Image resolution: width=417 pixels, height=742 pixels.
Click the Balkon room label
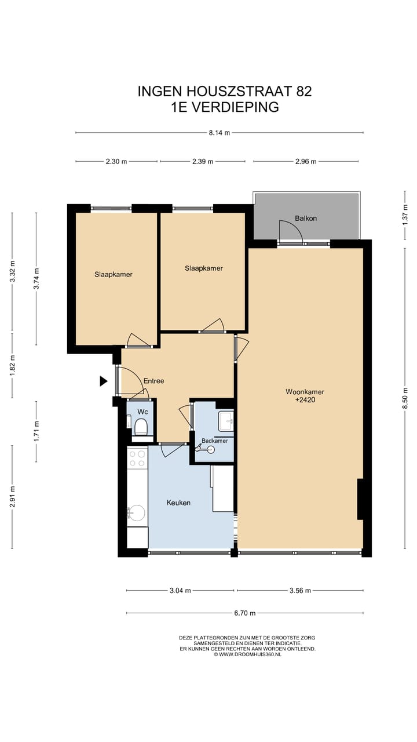pos(306,219)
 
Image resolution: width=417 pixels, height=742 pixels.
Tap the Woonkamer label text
pos(305,392)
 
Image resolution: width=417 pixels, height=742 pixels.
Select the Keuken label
pos(178,503)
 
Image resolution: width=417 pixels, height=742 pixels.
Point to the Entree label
pos(153,381)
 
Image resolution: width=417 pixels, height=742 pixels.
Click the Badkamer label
pos(215,441)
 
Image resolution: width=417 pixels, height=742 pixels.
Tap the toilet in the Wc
pos(141,427)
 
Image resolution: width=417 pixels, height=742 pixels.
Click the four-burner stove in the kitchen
pos(137,458)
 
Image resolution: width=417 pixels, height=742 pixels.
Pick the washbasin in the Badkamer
pos(226,421)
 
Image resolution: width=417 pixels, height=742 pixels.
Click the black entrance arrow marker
pos(104,381)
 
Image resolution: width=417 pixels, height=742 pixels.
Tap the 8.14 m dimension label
pos(219,133)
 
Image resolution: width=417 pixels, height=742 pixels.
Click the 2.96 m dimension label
pos(306,162)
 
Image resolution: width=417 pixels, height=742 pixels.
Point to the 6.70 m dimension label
pos(245,613)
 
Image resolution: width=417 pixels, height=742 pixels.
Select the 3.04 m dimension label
pos(180,591)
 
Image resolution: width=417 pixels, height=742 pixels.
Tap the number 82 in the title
pos(304,92)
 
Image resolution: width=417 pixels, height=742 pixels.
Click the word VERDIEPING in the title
pos(236,107)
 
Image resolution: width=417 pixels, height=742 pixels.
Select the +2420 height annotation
pos(305,400)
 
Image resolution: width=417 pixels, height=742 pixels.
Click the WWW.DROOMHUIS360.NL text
pos(250,654)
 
